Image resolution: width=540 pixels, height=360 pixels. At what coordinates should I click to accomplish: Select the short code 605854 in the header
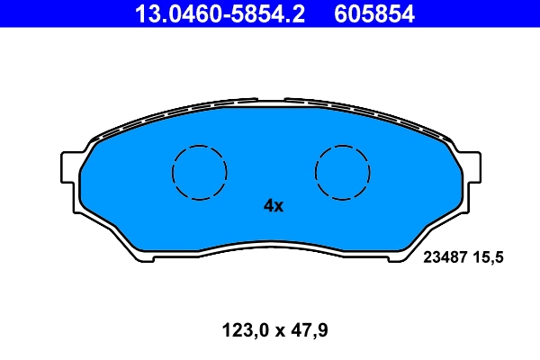coord(373,14)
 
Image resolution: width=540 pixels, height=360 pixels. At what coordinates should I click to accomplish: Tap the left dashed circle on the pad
coord(199,171)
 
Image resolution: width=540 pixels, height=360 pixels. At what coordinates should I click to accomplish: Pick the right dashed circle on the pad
coord(343,171)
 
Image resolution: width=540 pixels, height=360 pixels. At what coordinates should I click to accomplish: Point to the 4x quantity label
coord(273,206)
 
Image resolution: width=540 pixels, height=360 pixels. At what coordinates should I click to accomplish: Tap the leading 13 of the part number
coord(145,14)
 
